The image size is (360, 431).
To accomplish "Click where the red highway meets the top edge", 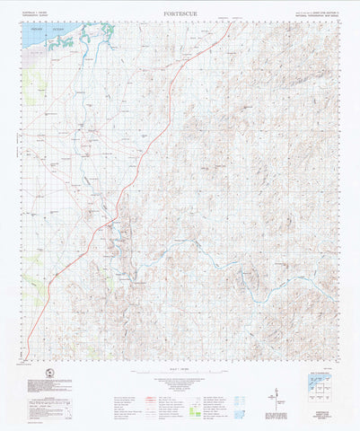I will pyautogui.click(x=231, y=22).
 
